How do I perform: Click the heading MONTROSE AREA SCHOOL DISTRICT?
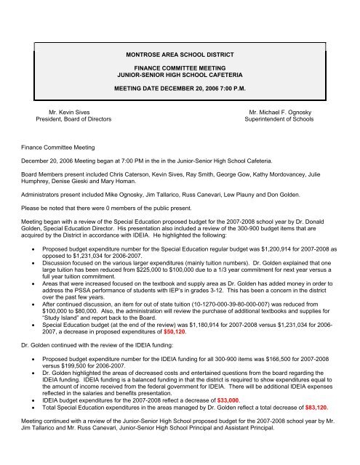click(180, 54)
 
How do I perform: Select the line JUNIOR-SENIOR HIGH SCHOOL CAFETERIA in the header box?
click(180, 74)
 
